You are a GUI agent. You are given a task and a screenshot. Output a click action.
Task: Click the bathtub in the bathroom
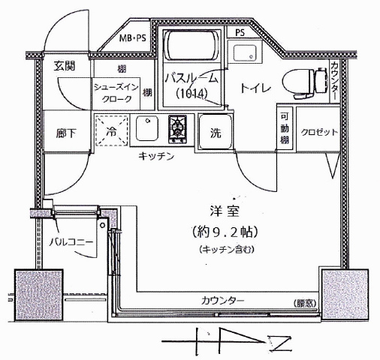192,46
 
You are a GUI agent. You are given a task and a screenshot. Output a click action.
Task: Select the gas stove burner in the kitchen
177,129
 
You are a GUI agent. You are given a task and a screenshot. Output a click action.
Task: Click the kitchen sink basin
147,128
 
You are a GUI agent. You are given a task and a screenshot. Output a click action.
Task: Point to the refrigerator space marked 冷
111,130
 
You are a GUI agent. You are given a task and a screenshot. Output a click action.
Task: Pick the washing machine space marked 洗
216,132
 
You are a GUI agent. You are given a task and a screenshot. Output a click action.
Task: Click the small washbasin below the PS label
245,52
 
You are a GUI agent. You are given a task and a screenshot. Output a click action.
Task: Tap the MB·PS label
132,38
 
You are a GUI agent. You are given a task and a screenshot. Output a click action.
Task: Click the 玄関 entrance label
65,66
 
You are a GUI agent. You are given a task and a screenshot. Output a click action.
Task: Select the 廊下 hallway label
66,133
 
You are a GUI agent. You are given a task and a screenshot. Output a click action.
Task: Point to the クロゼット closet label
319,132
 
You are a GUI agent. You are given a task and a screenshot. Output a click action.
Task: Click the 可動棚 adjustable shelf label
285,128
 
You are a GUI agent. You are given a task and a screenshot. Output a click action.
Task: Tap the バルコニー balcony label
71,242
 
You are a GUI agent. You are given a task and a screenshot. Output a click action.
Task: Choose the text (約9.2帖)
225,232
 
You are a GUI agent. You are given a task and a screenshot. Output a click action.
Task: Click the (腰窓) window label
305,303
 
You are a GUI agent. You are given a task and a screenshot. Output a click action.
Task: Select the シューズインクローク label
116,93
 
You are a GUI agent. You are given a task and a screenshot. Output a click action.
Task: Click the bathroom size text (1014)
192,94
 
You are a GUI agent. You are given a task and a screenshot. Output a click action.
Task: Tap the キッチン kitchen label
156,157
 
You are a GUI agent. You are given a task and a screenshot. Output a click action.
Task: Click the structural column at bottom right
345,295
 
